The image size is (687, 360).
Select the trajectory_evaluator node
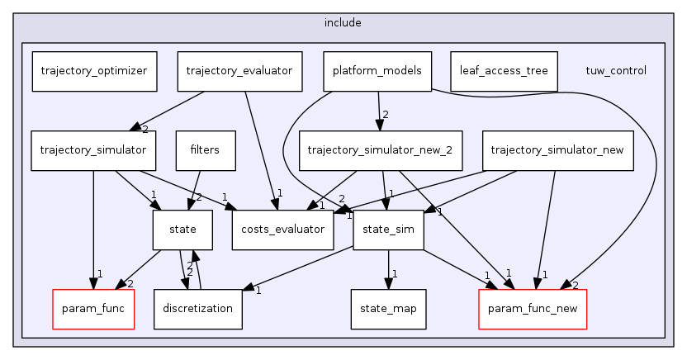pyautogui.click(x=239, y=71)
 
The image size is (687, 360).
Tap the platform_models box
pyautogui.click(x=377, y=71)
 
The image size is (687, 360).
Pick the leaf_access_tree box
pyautogui.click(x=504, y=71)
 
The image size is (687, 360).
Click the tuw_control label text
pyautogui.click(x=615, y=71)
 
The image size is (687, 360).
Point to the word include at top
pyautogui.click(x=343, y=22)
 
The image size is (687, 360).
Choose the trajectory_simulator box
pyautogui.click(x=92, y=150)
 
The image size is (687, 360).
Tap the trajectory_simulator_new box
pyautogui.click(x=557, y=150)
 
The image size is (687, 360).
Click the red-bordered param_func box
pyautogui.click(x=93, y=309)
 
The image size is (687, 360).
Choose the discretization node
pyautogui.click(x=198, y=309)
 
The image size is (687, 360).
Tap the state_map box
pyautogui.click(x=388, y=309)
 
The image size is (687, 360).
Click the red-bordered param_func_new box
pyautogui.click(x=533, y=309)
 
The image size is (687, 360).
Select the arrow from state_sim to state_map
pyautogui.click(x=388, y=268)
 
